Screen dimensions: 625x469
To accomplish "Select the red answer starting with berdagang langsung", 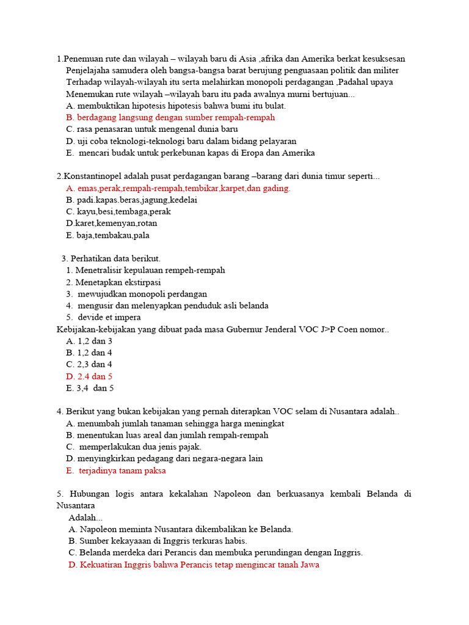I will tap(170, 117).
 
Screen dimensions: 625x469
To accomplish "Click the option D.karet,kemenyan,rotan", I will tap(112, 223).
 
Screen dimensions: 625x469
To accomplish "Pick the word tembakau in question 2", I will tap(110, 235).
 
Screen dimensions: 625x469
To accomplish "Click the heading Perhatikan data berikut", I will tap(115, 259).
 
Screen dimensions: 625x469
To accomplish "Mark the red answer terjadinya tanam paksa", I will tap(122, 471).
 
